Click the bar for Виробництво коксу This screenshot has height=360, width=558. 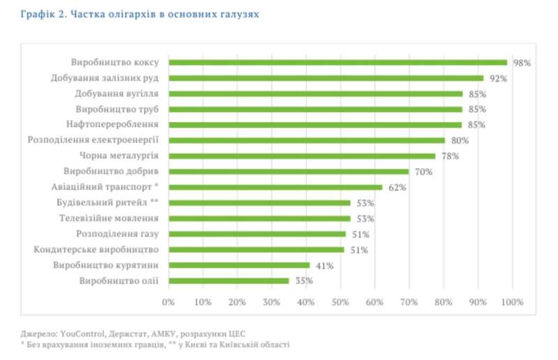(x=338, y=62)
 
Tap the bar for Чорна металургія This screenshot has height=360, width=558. (x=302, y=156)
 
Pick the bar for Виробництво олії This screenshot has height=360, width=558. (x=229, y=280)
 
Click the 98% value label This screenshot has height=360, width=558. (x=522, y=63)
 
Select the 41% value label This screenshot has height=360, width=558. (x=324, y=265)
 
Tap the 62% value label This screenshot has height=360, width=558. (x=397, y=187)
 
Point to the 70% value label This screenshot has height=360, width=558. (x=423, y=172)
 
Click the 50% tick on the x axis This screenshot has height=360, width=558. (x=340, y=302)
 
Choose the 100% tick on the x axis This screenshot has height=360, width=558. (x=513, y=302)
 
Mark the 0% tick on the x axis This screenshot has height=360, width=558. (x=168, y=302)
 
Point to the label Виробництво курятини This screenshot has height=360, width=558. (x=107, y=265)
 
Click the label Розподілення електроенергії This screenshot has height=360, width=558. (x=93, y=140)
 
